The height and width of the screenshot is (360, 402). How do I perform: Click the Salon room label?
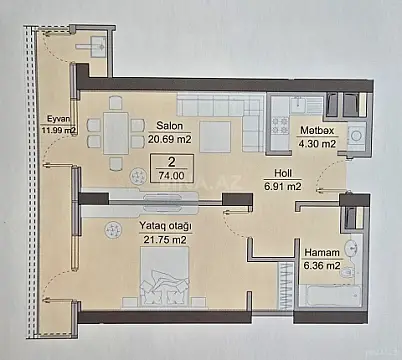[x=168, y=125]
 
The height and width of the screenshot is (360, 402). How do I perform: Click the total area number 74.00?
[x=172, y=173]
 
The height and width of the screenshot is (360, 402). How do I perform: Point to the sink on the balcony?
[x=97, y=44]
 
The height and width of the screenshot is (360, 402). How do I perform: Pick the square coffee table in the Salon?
[x=210, y=135]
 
